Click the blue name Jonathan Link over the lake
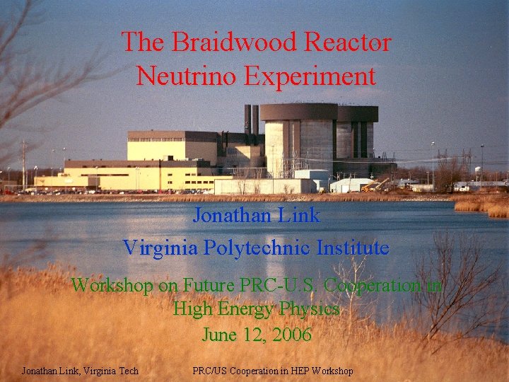256,215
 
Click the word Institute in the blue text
353,248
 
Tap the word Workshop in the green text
112,285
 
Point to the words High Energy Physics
256,310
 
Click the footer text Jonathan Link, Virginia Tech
80,371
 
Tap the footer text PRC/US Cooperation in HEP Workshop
273,371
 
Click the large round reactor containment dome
298,141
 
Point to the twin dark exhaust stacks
251,120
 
